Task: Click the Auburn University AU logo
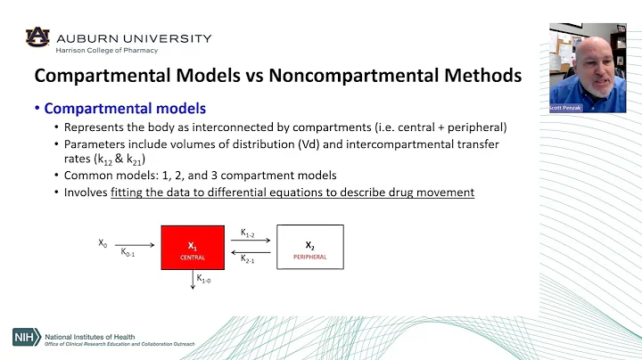38,37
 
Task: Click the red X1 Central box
192,249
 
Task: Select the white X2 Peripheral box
309,249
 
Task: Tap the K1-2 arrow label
248,233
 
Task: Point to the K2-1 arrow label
248,258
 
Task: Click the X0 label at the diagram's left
103,241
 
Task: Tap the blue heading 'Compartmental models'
125,109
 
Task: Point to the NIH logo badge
27,336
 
